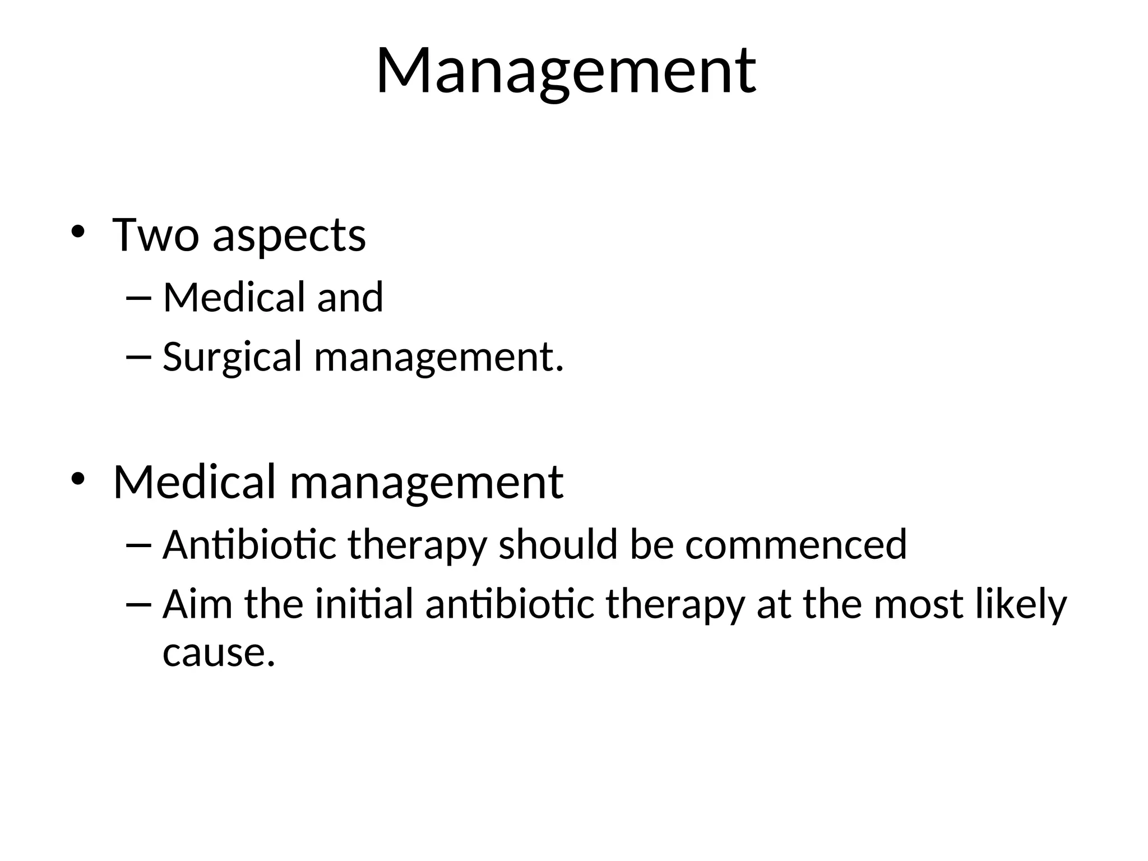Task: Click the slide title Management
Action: (x=566, y=72)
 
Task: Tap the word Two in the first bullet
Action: (x=155, y=235)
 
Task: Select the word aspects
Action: (x=289, y=236)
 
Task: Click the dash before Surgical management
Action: (x=140, y=357)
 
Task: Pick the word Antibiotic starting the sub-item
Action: (x=249, y=545)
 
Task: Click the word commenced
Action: (x=795, y=545)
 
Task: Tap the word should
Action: (x=558, y=545)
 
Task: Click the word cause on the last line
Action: (x=219, y=654)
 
